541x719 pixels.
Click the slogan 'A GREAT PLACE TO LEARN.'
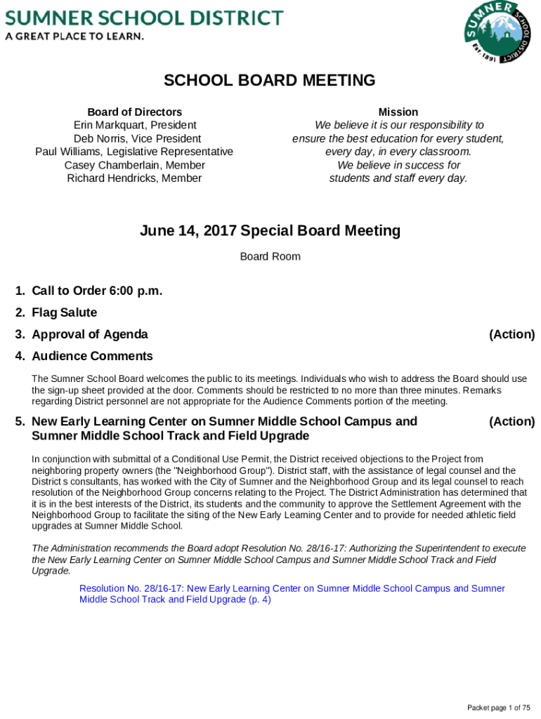tap(74, 36)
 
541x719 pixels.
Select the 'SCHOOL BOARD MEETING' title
tap(270, 81)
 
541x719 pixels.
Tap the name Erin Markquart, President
tap(134, 125)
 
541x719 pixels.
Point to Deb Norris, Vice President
tap(134, 138)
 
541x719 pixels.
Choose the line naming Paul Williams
tap(134, 152)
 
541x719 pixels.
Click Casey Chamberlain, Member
tap(134, 165)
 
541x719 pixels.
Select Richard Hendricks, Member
tap(134, 178)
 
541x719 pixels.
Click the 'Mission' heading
tap(398, 112)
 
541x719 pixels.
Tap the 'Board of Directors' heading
tap(134, 112)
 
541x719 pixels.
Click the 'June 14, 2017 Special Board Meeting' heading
tap(270, 231)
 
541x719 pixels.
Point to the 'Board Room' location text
tap(270, 256)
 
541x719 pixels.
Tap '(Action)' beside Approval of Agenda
tap(511, 334)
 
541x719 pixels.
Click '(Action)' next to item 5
tap(511, 421)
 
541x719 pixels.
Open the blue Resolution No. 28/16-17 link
tap(292, 594)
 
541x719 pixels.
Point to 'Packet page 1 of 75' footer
tap(499, 707)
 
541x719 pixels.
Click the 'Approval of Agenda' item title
tap(89, 334)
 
